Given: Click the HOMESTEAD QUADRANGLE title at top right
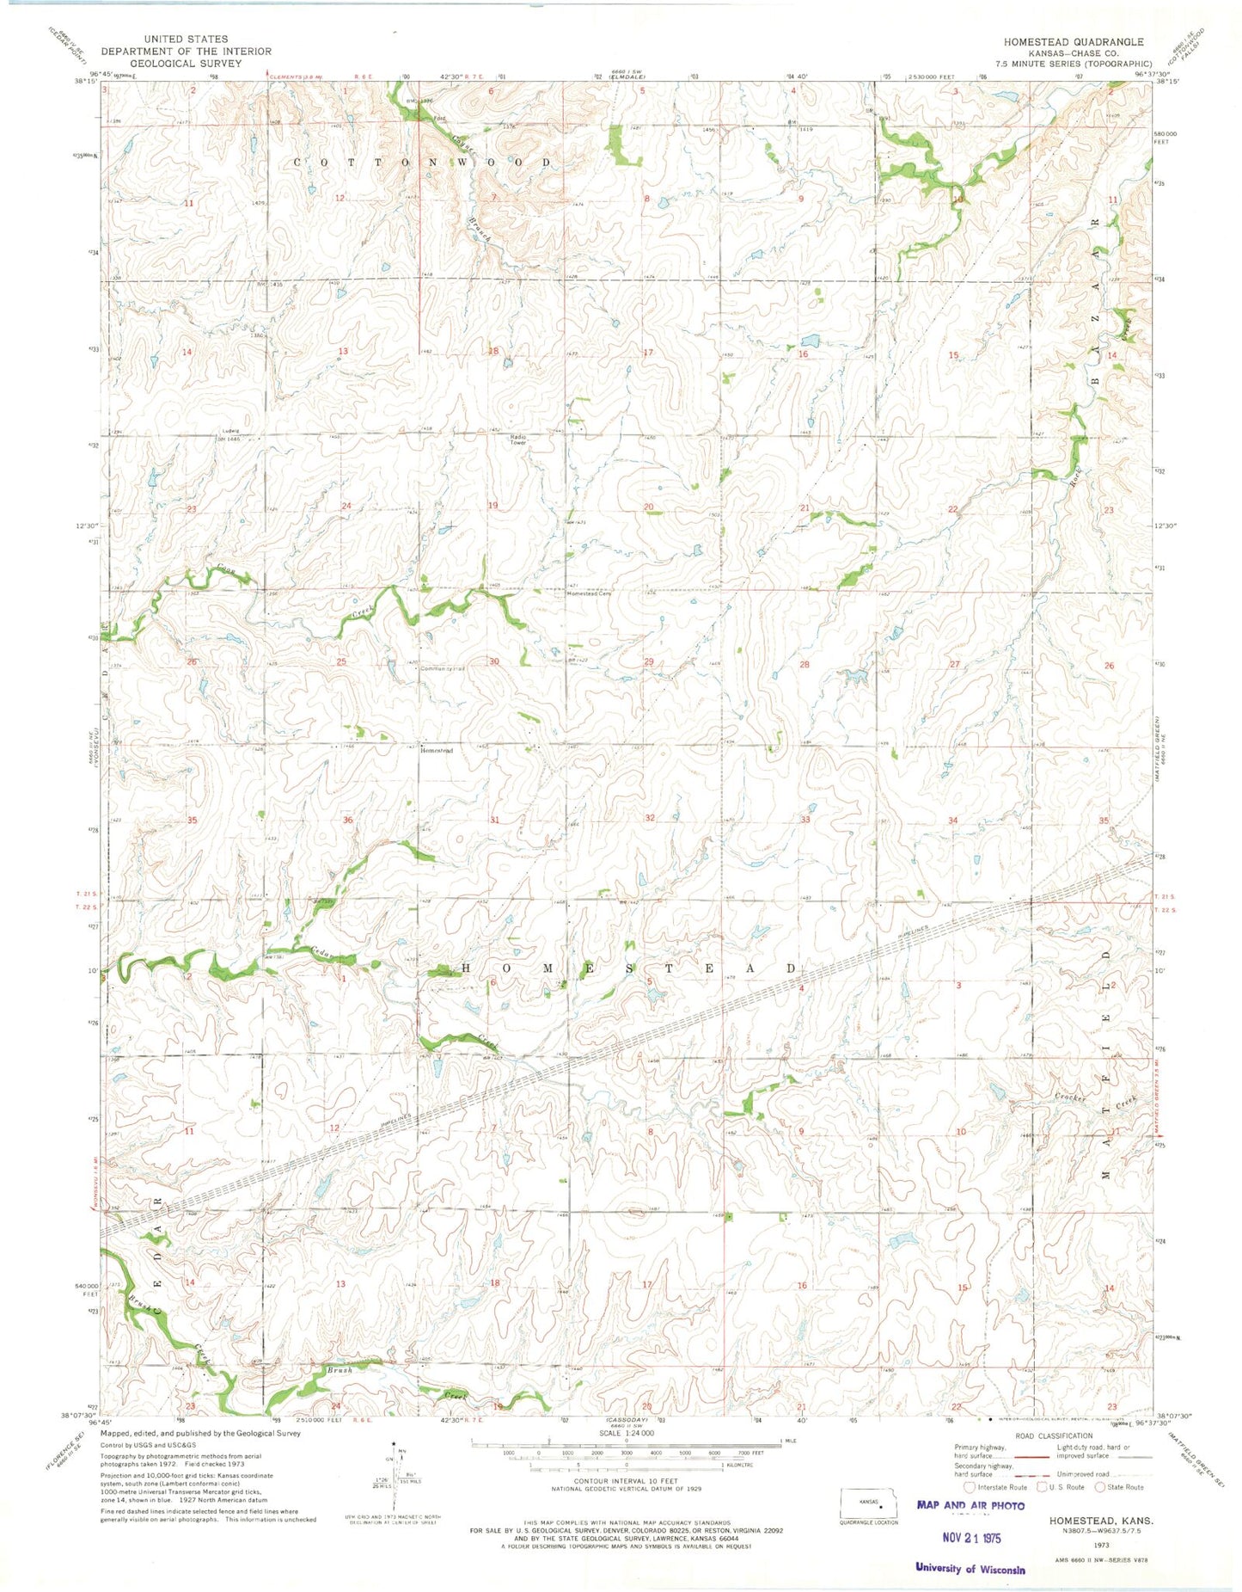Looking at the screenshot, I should [1073, 41].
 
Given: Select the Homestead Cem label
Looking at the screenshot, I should [588, 593].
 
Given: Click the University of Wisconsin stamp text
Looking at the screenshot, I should [970, 1569].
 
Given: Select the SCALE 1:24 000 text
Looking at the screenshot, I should [626, 1433].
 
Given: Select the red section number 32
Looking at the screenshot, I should [650, 818].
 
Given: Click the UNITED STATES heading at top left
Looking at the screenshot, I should [186, 39].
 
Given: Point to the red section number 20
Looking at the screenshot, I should [649, 507].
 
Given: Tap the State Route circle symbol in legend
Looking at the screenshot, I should [1100, 1487].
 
